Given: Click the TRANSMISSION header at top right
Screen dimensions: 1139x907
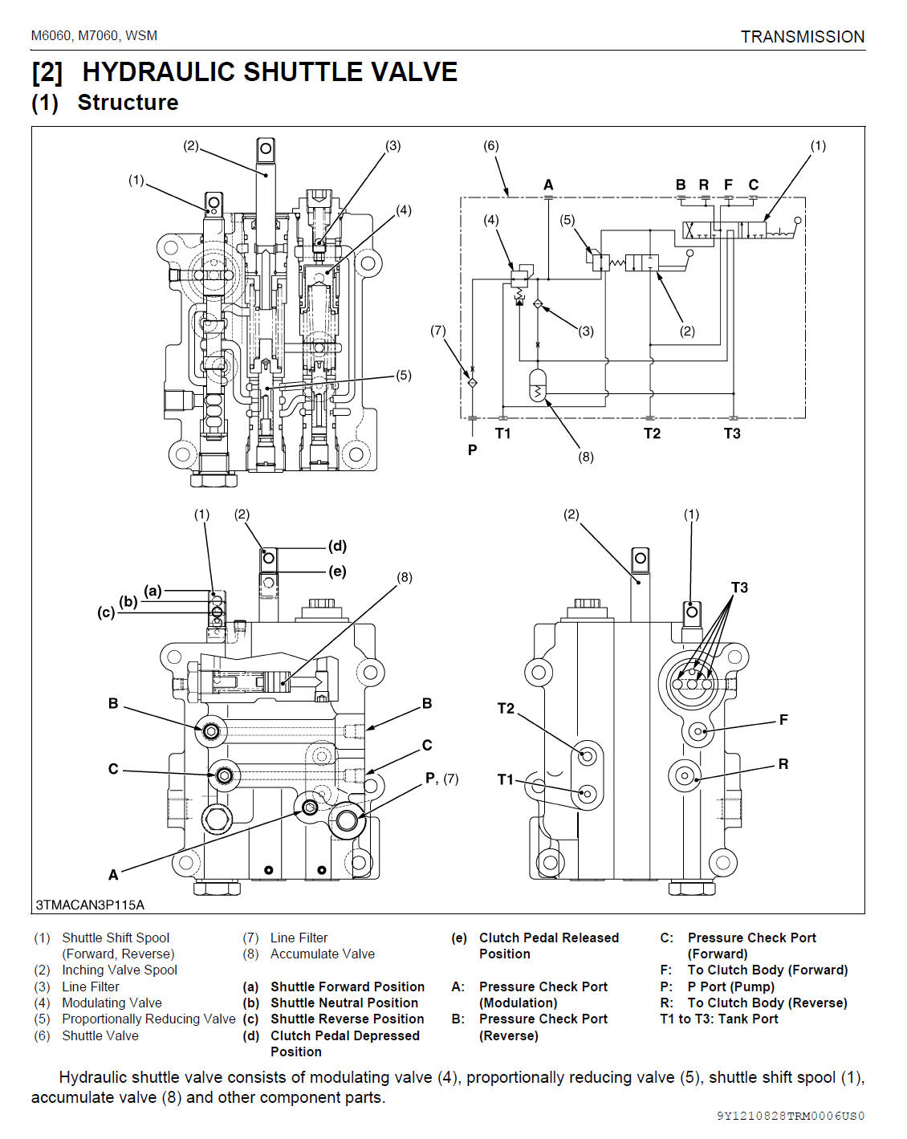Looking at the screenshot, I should click(802, 37).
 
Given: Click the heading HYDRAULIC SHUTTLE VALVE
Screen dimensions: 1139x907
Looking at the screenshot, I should click(270, 72).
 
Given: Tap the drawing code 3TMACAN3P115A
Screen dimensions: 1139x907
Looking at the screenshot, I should click(90, 905).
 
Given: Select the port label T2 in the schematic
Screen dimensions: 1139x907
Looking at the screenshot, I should click(652, 433).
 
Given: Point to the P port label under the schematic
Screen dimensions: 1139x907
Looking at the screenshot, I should click(472, 449).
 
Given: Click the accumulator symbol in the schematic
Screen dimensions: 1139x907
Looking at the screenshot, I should click(538, 386).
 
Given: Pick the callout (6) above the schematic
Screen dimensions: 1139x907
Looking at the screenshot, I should click(490, 145).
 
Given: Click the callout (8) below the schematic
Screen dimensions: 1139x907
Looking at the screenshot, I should click(586, 457).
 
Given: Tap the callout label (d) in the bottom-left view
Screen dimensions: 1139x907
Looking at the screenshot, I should click(337, 546).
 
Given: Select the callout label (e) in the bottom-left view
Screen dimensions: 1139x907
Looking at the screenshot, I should click(337, 572).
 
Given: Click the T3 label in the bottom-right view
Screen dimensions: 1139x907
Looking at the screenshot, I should click(739, 588).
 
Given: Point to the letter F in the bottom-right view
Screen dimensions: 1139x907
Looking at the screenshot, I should click(783, 720).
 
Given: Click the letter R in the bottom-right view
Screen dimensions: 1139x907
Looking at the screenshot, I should click(783, 764).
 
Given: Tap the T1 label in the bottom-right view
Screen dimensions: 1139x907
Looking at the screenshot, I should click(505, 779).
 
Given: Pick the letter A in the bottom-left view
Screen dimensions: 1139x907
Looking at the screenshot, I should click(113, 874).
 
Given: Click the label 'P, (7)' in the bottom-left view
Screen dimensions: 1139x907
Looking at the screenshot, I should click(441, 778).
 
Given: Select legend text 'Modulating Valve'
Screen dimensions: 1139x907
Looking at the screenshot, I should click(112, 1003).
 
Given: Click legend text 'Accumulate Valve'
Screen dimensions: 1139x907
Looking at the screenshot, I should click(322, 954).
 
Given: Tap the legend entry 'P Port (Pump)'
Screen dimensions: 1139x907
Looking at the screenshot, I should click(730, 986).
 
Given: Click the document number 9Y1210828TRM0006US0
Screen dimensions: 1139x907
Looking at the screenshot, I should click(791, 1116).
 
